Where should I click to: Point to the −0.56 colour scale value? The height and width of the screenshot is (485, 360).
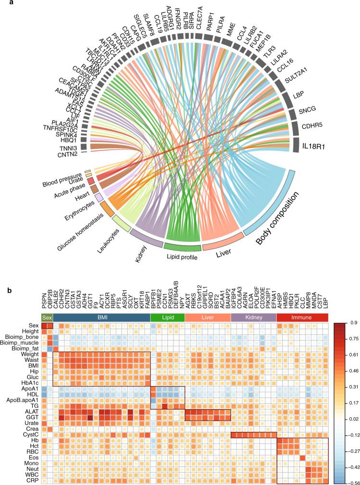349,480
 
